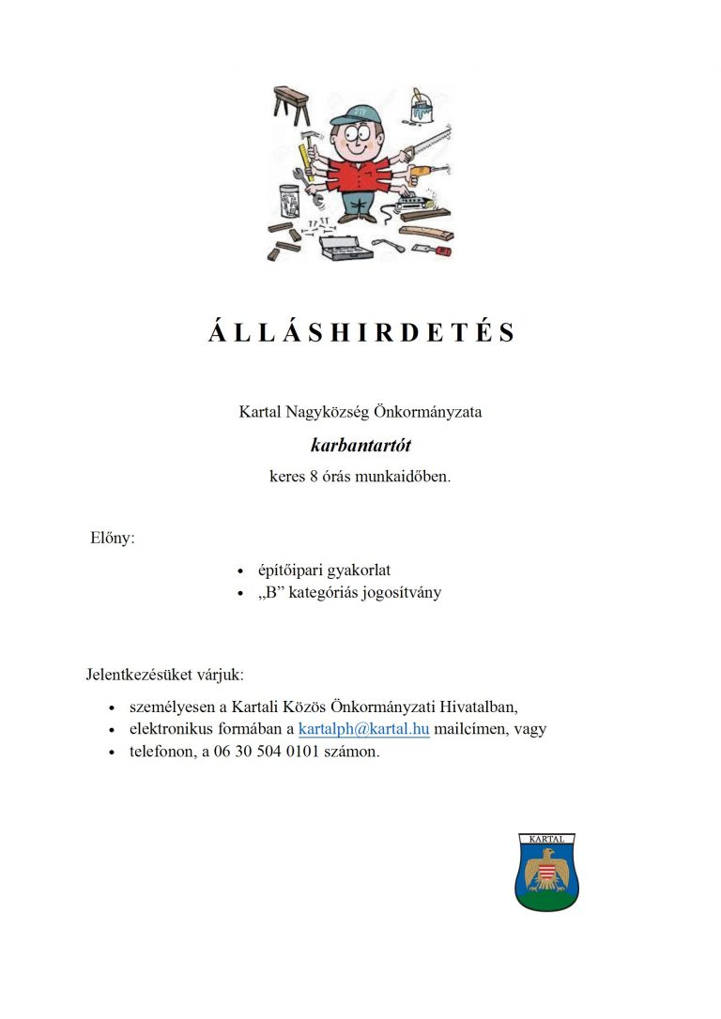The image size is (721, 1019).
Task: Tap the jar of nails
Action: click(288, 201)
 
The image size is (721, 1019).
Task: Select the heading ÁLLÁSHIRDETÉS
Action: click(361, 333)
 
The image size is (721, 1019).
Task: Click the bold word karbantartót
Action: click(360, 445)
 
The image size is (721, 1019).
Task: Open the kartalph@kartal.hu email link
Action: click(363, 729)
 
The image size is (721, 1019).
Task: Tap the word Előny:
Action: click(112, 539)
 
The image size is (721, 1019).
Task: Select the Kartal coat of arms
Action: click(546, 872)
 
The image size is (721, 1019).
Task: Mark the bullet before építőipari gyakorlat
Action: click(241, 571)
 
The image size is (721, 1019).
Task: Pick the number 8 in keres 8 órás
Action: click(313, 476)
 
